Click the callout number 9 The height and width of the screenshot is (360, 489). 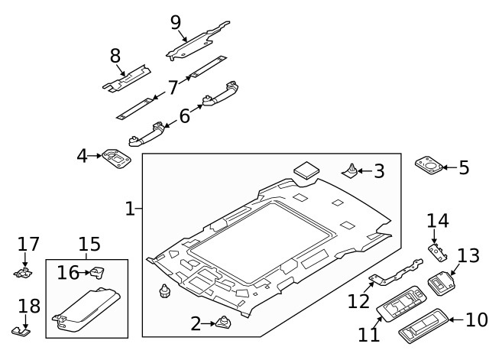[176, 22]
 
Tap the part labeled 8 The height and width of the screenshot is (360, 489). [128, 77]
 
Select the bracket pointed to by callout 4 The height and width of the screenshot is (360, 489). [117, 159]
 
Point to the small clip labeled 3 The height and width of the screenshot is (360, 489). [351, 170]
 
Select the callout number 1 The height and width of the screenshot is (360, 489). [130, 208]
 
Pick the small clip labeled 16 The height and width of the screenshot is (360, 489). [98, 271]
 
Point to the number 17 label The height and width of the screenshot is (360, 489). [28, 244]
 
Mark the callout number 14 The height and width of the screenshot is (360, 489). [438, 221]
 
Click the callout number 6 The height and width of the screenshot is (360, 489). [184, 116]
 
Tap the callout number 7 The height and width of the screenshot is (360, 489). [173, 87]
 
